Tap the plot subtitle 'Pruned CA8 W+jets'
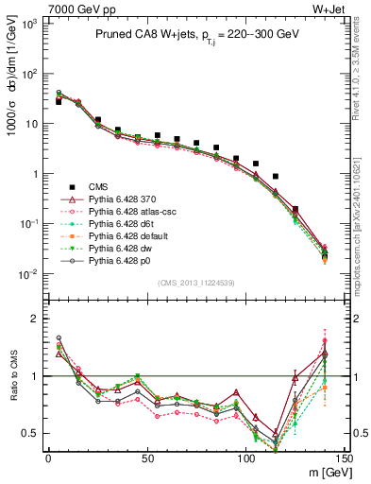point(142,35)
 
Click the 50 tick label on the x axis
point(147,458)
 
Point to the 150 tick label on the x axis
point(345,458)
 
